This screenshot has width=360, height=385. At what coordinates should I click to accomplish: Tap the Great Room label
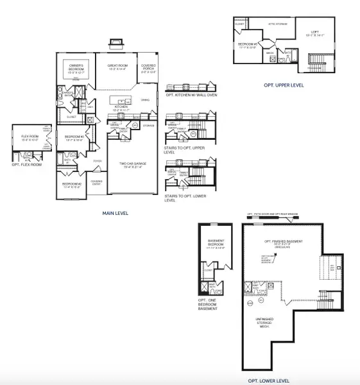tap(116, 65)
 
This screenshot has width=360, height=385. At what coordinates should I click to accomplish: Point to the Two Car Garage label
tap(130, 165)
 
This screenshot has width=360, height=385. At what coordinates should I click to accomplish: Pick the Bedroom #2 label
tap(71, 186)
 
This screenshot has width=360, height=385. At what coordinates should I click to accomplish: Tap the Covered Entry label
tap(97, 182)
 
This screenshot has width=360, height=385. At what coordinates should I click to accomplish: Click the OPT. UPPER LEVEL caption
tap(284, 85)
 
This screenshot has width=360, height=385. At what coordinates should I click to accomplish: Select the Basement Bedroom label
tap(216, 243)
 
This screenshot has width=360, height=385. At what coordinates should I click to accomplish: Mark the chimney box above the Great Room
tap(116, 44)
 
